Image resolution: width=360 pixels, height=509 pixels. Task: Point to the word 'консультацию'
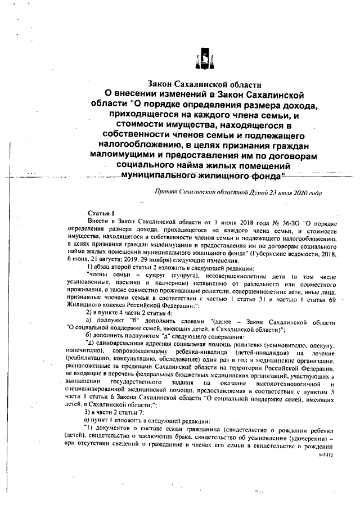pos(132,357)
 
